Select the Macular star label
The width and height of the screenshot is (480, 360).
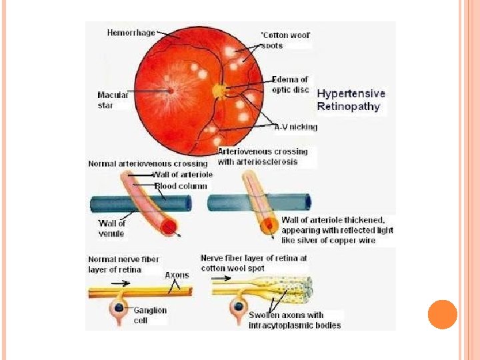(x=113, y=100)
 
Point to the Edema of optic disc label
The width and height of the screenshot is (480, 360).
(x=290, y=85)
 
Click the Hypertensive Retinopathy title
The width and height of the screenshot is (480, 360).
(x=351, y=100)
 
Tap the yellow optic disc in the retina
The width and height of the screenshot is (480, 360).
(x=219, y=89)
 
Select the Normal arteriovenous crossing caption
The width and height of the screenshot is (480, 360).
(x=148, y=163)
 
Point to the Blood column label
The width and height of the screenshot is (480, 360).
(x=181, y=186)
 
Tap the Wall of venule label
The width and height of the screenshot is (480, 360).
(x=112, y=227)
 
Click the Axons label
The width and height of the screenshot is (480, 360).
(x=177, y=275)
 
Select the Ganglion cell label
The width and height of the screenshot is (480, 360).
(x=149, y=315)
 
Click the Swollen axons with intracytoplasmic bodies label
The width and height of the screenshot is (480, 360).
(x=295, y=320)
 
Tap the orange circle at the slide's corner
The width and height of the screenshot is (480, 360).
(x=442, y=314)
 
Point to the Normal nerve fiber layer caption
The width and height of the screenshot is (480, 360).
(x=124, y=264)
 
